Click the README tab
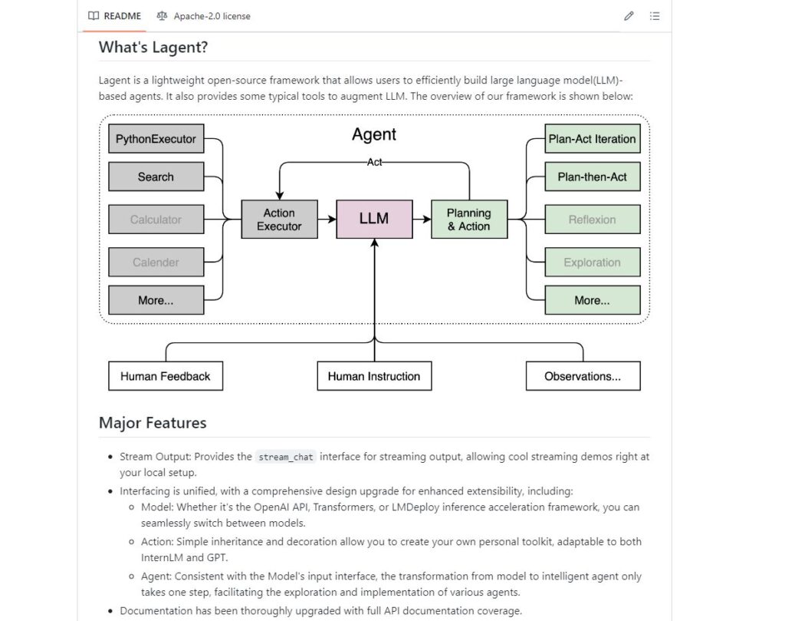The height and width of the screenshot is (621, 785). [115, 16]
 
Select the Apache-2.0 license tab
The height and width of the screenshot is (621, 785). [203, 16]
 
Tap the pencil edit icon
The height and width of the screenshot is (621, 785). [629, 16]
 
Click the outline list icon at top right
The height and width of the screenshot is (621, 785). [655, 16]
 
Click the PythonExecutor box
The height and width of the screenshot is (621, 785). [156, 139]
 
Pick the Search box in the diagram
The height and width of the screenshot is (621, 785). [156, 177]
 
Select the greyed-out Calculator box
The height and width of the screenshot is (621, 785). [156, 220]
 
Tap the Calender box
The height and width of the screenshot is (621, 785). [156, 262]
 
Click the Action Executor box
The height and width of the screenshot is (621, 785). [279, 220]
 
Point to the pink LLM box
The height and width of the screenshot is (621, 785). [374, 220]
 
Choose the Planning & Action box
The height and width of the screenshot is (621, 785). [469, 220]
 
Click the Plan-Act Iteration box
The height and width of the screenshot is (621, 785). [593, 139]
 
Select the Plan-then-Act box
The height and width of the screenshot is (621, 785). [593, 177]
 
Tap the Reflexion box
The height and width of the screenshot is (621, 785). [593, 220]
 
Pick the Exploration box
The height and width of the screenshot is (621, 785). [593, 262]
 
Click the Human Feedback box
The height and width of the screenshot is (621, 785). [166, 376]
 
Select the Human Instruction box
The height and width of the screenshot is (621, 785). [374, 376]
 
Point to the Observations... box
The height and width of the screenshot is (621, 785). [583, 376]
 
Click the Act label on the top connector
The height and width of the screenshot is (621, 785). [374, 162]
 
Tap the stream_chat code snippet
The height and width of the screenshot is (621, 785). [286, 457]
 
